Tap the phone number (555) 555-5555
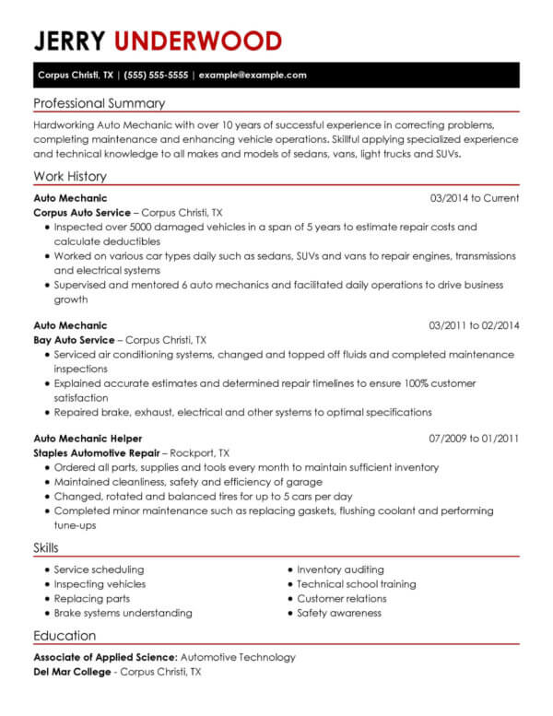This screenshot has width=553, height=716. tap(156, 75)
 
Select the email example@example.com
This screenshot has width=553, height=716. tap(252, 75)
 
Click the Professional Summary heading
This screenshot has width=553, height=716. tap(100, 103)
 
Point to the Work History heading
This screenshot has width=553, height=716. tap(70, 176)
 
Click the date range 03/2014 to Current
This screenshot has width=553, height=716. tap(474, 198)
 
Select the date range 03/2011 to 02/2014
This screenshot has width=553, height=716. tap(474, 325)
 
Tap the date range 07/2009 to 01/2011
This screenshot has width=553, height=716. tap(474, 439)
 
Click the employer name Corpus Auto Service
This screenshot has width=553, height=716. tap(69, 212)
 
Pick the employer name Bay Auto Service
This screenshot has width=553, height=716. tap(65, 339)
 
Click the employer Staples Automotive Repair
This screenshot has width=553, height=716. tap(97, 453)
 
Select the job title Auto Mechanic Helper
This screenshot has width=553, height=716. tap(88, 439)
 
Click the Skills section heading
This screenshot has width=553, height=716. tap(46, 548)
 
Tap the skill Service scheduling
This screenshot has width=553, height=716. tap(99, 570)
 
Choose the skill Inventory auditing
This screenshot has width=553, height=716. tap(340, 570)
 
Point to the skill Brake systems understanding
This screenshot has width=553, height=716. tap(123, 613)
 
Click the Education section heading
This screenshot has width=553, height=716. tap(65, 636)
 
